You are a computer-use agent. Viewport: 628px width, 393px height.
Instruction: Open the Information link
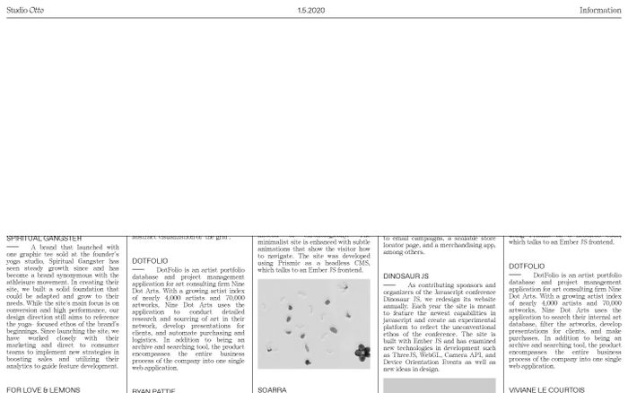click(600, 10)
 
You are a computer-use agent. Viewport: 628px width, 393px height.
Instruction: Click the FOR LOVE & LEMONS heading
click(44, 389)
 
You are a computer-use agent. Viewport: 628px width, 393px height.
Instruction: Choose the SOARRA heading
click(272, 390)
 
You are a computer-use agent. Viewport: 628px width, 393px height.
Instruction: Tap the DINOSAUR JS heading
click(406, 275)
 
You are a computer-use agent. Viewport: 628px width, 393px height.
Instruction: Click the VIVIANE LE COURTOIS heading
click(545, 390)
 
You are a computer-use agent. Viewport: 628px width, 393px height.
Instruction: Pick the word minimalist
click(276, 244)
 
